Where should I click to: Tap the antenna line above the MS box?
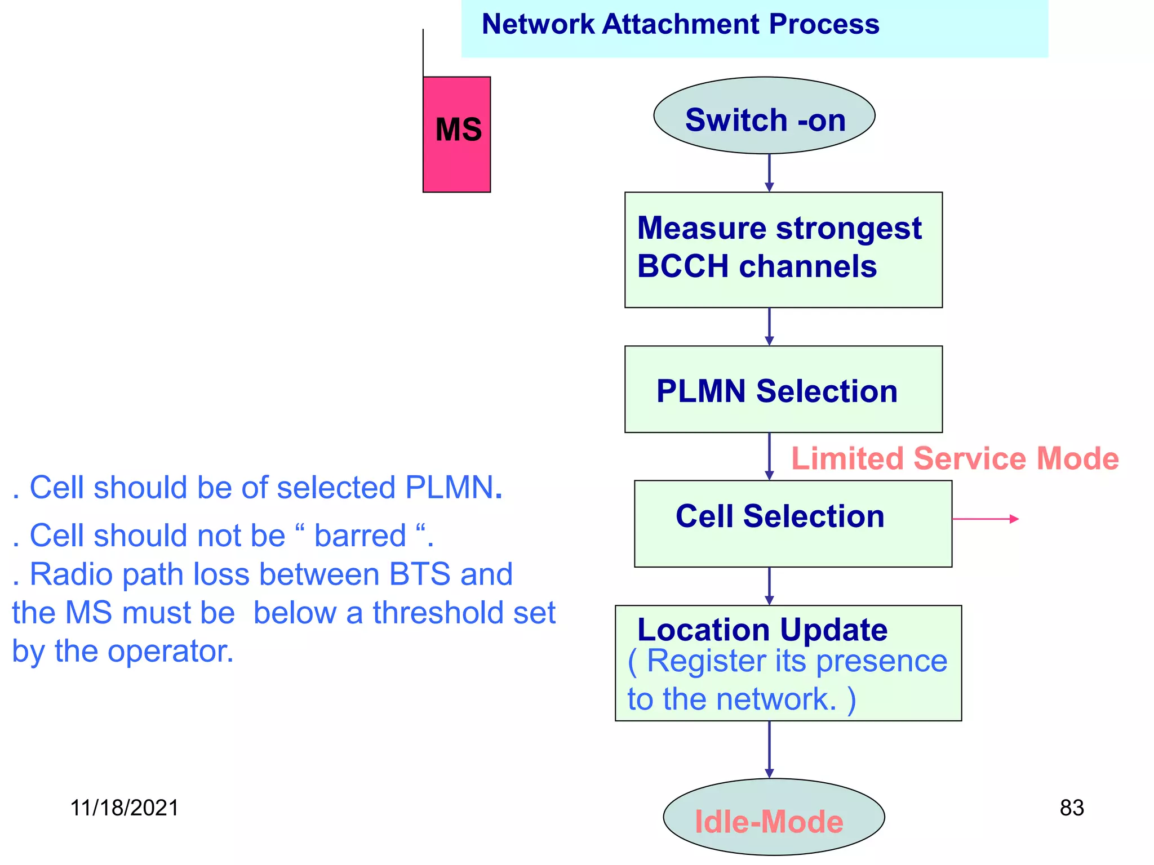pyautogui.click(x=423, y=53)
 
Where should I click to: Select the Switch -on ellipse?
pyautogui.click(x=764, y=116)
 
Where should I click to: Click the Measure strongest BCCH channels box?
pyautogui.click(x=783, y=249)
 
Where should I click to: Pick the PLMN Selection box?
pyautogui.click(x=783, y=390)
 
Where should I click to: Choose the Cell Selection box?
pyautogui.click(x=793, y=524)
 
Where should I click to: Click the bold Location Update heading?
pyautogui.click(x=762, y=630)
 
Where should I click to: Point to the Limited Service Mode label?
pyautogui.click(x=955, y=458)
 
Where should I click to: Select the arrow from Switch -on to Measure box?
pyautogui.click(x=769, y=173)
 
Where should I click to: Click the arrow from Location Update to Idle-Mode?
pyautogui.click(x=769, y=750)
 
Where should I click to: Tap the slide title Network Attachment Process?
pyautogui.click(x=680, y=24)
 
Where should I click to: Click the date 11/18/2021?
pyautogui.click(x=124, y=808)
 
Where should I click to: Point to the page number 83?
pyautogui.click(x=1071, y=808)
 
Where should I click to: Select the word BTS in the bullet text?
pyautogui.click(x=419, y=575)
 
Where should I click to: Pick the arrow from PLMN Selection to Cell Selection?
pyautogui.click(x=769, y=456)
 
